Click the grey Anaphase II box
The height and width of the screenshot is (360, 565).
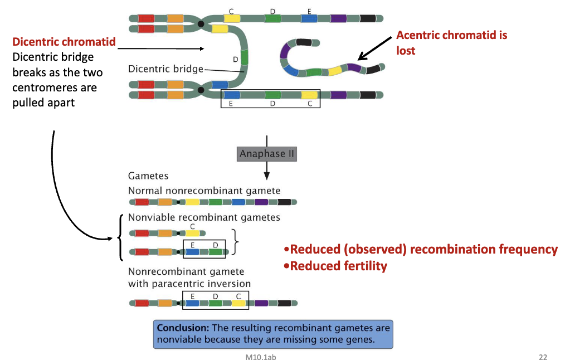click(x=267, y=154)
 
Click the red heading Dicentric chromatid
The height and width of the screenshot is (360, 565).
click(x=64, y=42)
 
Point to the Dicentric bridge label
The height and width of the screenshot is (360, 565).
click(x=165, y=69)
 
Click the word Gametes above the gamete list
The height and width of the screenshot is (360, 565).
click(x=148, y=176)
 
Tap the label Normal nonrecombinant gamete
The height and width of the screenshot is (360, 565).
click(x=204, y=191)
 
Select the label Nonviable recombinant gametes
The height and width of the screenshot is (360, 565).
click(x=204, y=217)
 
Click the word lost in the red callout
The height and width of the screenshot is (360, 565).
click(x=406, y=50)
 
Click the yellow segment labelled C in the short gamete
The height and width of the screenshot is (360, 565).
click(x=192, y=234)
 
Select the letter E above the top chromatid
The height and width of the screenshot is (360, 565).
click(x=309, y=11)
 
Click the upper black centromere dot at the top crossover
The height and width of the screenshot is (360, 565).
click(x=201, y=23)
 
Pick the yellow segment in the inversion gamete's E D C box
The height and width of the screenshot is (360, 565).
click(x=239, y=304)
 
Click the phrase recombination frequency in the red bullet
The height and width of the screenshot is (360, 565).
click(x=484, y=249)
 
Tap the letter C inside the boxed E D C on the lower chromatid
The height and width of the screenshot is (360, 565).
click(x=310, y=104)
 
